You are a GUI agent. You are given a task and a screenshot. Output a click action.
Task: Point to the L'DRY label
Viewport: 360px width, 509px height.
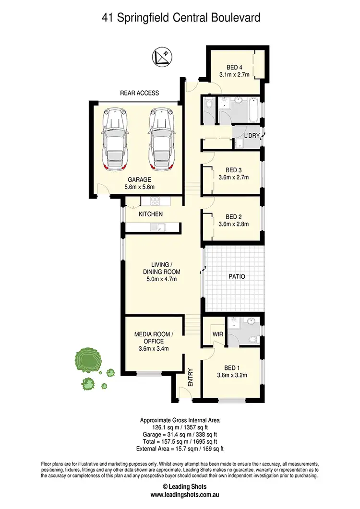coord(252,136)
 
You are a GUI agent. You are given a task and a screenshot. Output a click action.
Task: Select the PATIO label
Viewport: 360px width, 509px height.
coord(237,276)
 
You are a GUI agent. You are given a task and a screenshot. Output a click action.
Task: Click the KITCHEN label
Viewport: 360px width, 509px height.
coord(151,214)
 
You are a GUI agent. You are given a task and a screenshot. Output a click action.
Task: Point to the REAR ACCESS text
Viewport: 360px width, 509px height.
coord(140,93)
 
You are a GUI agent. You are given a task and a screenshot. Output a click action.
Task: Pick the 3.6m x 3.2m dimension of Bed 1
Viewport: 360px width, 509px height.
coord(232,376)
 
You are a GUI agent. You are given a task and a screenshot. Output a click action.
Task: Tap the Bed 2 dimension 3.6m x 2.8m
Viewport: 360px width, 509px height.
coord(232,224)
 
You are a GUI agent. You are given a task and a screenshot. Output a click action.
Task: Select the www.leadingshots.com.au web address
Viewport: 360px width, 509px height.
coord(180,499)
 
